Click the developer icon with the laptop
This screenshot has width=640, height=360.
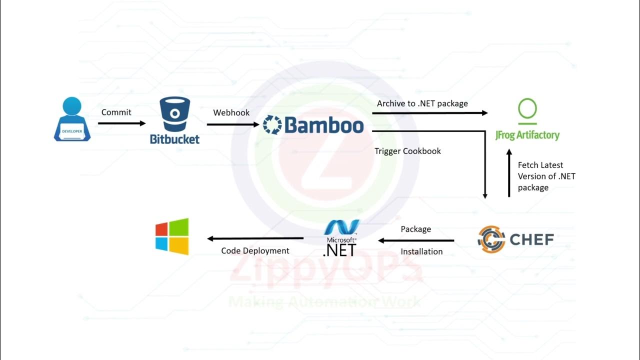[x=72, y=119]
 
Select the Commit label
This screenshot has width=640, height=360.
[x=116, y=112]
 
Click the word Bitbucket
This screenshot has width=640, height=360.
[x=174, y=139]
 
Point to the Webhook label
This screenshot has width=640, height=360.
[x=231, y=112]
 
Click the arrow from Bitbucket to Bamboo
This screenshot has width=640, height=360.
[x=232, y=124]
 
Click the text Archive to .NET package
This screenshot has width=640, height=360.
[x=422, y=103]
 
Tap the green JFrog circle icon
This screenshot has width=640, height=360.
[x=527, y=109]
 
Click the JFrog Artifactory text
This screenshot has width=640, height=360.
[x=527, y=135]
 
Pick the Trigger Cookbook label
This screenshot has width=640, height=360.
[x=407, y=151]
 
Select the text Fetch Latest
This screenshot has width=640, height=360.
[x=540, y=165]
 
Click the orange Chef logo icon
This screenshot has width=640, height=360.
[x=491, y=239]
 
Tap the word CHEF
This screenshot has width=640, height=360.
[x=531, y=239]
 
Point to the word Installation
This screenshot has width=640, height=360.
[x=421, y=251]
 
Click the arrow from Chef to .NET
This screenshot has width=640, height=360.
[x=415, y=240]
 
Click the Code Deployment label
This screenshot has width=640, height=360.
[x=255, y=250]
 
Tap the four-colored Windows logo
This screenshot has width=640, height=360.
[x=172, y=236]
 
